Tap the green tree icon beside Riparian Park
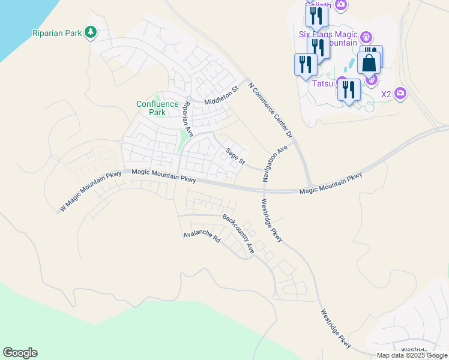coord(91,31)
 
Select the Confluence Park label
coord(158,108)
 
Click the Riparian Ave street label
coord(187,118)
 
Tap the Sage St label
coord(235,157)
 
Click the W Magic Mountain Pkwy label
coord(91,191)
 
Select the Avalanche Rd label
coord(202,236)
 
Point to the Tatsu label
coord(323,83)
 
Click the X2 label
coord(386,94)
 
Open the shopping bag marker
coord(369,62)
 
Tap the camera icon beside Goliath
coord(342,5)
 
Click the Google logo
coord(20,353)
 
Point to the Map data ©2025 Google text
coord(412,355)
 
